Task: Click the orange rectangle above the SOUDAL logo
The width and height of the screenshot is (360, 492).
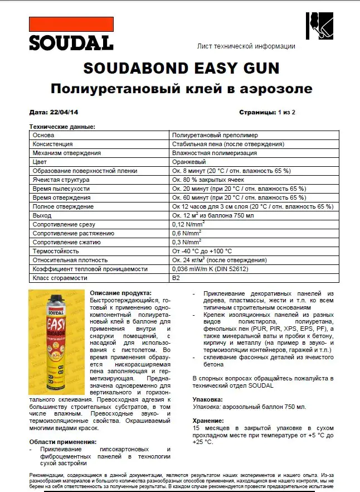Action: (x=71, y=24)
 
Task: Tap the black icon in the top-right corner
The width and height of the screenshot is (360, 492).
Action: (x=319, y=25)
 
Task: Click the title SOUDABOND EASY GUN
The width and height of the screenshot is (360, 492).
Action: (x=181, y=68)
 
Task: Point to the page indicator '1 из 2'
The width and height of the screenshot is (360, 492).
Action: (x=286, y=112)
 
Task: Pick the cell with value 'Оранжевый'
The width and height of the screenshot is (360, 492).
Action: (x=189, y=162)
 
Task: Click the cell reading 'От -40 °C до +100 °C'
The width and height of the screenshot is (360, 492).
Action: (x=202, y=251)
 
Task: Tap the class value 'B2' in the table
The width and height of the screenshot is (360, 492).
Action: (x=176, y=278)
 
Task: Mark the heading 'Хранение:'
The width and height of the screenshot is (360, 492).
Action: (x=208, y=421)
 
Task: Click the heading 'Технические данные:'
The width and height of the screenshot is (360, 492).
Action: (x=62, y=127)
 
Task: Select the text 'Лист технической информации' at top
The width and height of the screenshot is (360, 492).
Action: (x=246, y=46)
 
